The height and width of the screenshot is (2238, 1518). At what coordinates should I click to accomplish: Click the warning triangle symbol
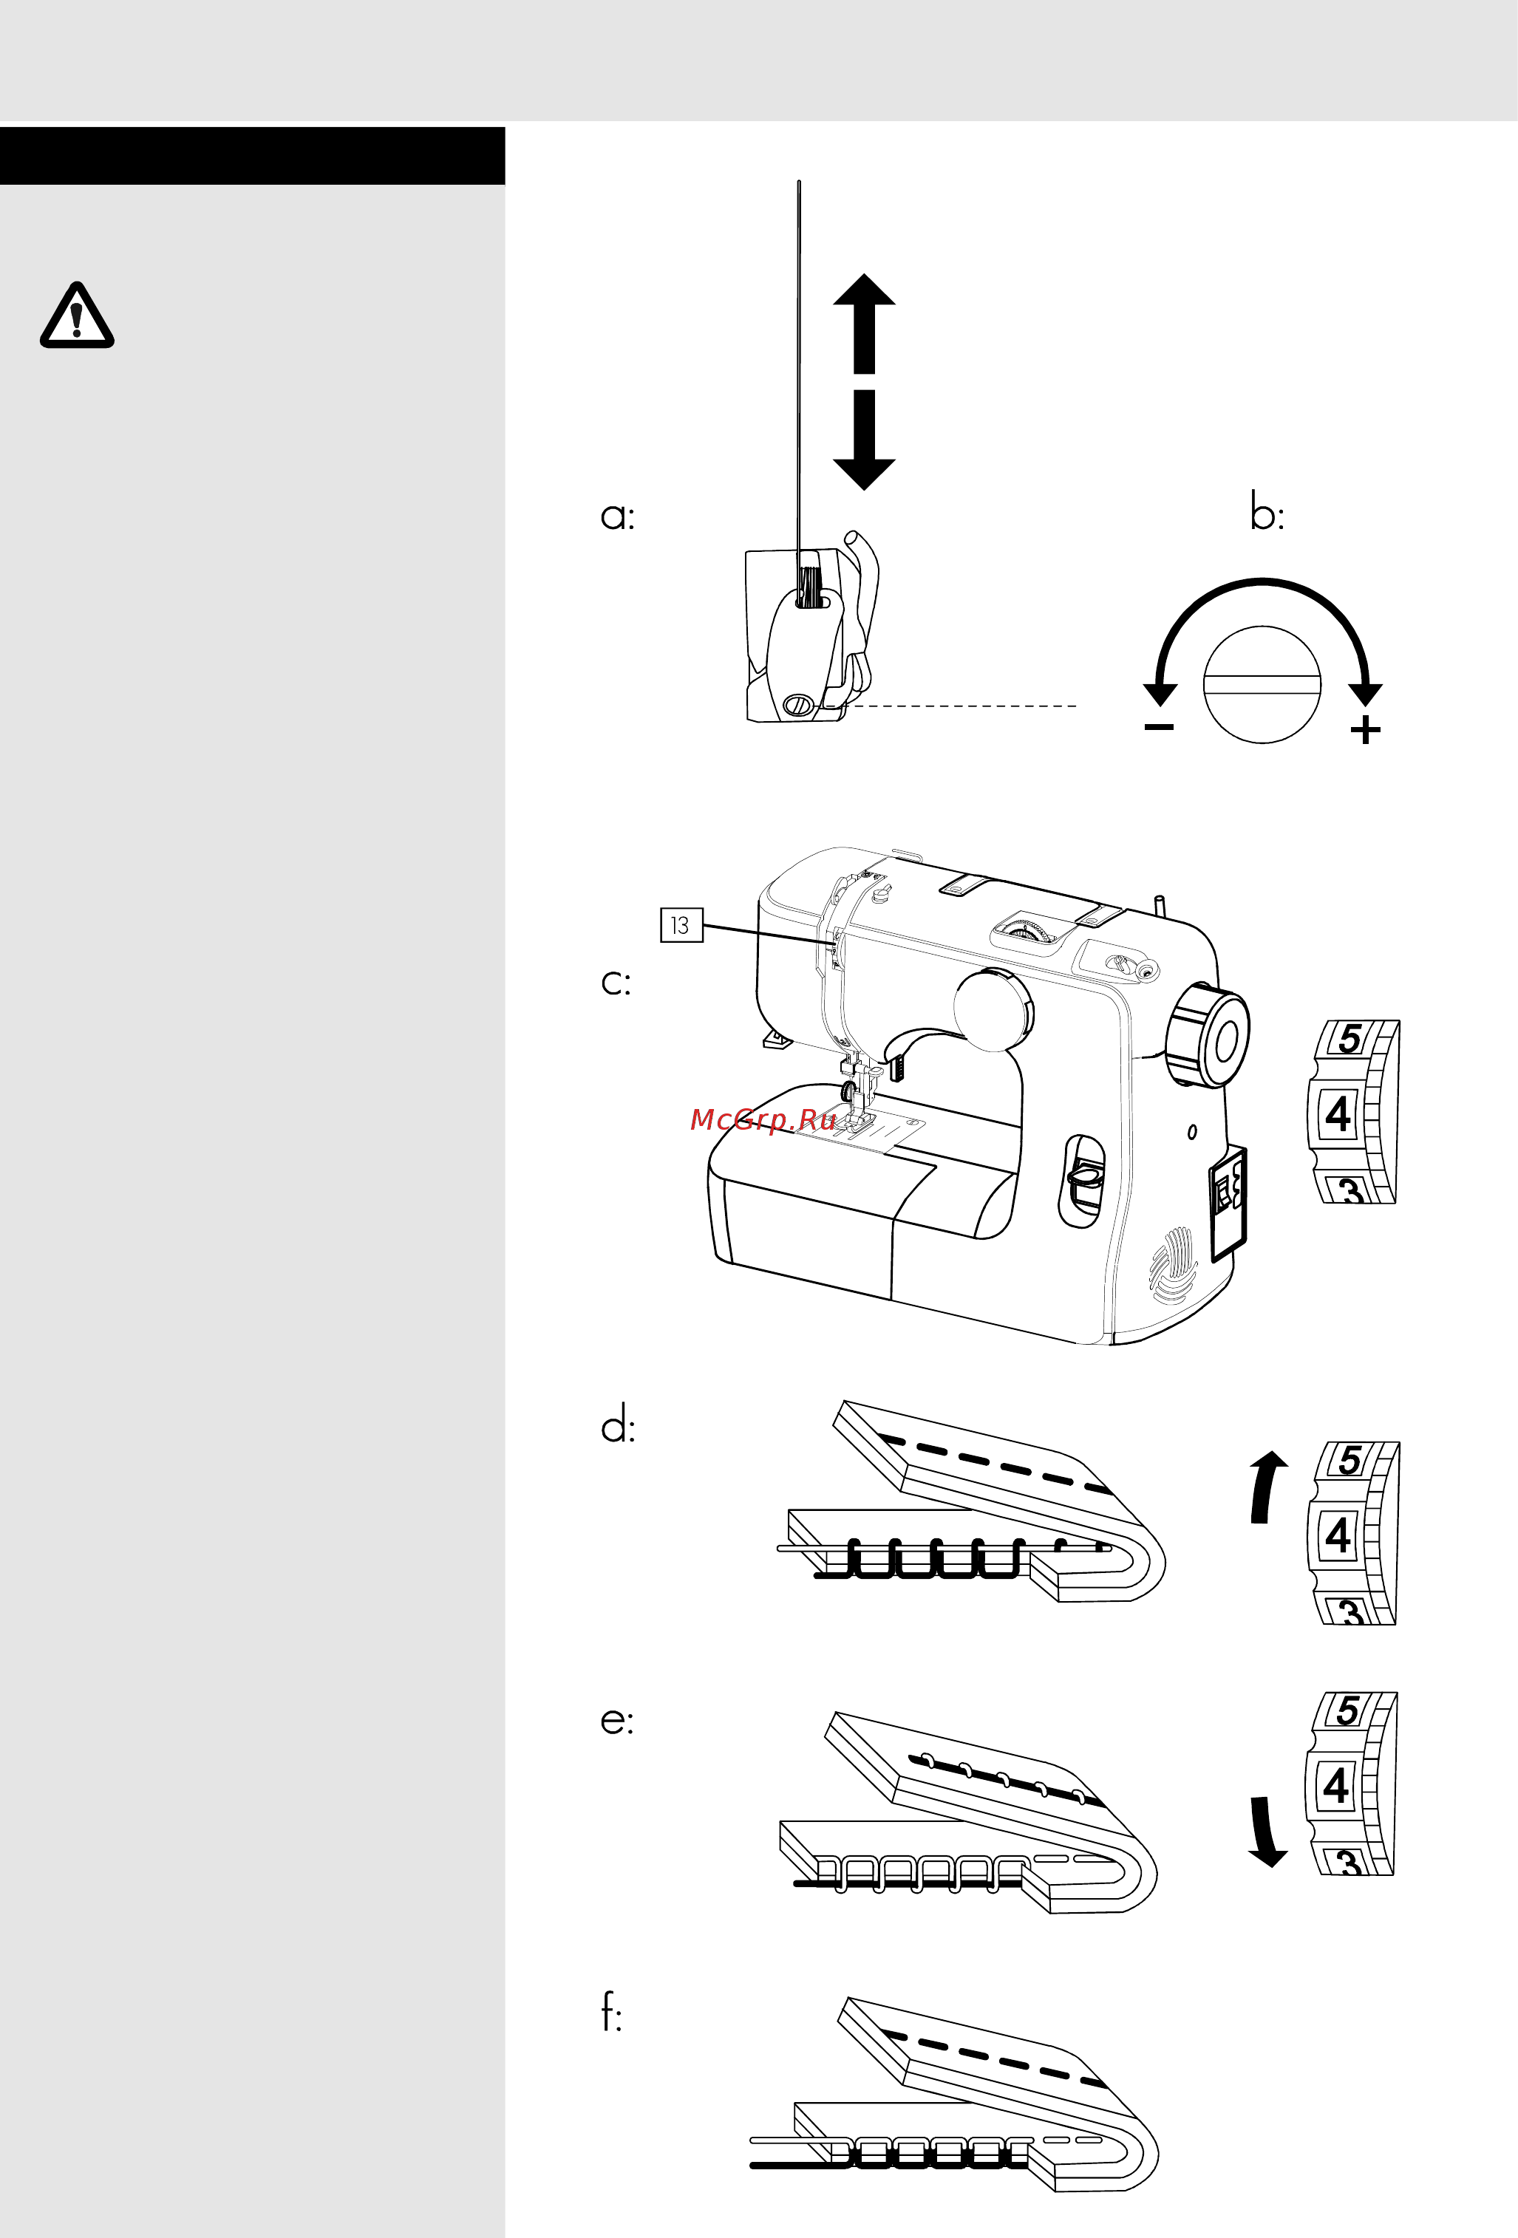tap(77, 316)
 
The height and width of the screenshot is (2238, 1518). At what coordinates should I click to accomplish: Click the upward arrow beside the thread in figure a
tap(864, 323)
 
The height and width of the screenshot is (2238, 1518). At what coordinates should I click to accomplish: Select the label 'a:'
tap(617, 516)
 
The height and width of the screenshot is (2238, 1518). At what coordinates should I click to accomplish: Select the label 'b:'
tap(1267, 511)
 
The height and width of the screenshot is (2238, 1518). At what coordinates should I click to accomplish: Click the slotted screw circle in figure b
tap(1262, 685)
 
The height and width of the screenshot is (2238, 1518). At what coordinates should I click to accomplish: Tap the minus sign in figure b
tap(1159, 727)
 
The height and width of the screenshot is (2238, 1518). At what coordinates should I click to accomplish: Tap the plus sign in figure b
tap(1365, 730)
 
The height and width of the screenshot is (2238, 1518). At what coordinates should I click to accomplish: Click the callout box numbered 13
tap(681, 926)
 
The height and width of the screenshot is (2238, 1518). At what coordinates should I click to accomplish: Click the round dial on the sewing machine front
tap(992, 1010)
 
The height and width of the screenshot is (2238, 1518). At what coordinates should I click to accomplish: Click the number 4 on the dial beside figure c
tap(1338, 1114)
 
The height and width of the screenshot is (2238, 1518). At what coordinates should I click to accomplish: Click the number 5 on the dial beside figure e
tap(1347, 1710)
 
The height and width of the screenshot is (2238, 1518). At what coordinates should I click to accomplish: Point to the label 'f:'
tap(610, 2012)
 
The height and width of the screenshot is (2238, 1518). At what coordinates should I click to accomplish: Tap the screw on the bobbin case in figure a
tap(797, 705)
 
